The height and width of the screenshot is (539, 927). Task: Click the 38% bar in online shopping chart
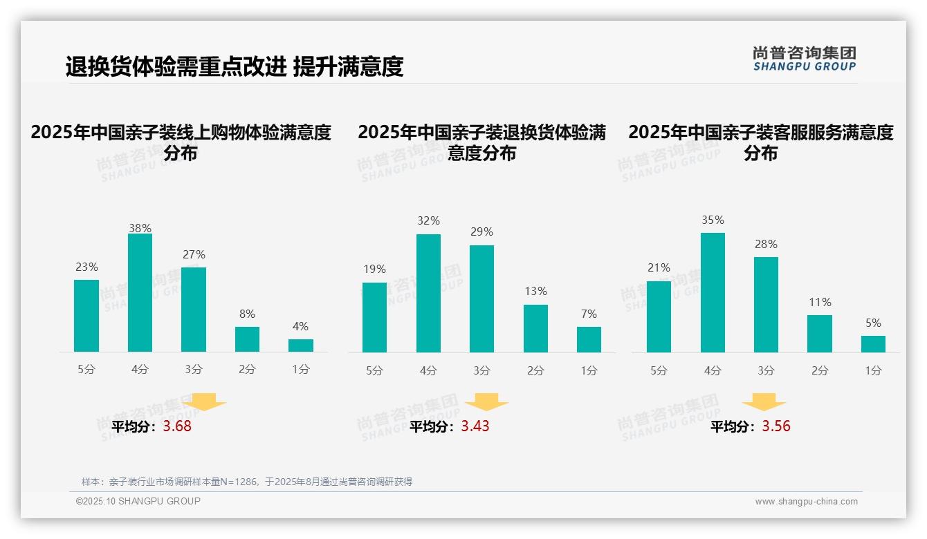click(x=140, y=293)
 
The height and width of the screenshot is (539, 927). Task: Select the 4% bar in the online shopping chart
click(x=301, y=346)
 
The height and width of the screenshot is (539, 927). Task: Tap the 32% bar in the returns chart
click(x=428, y=294)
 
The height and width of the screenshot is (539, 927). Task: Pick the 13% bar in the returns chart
click(x=535, y=328)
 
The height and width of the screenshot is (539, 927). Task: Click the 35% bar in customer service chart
click(x=713, y=293)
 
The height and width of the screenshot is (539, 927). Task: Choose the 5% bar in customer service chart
click(x=873, y=344)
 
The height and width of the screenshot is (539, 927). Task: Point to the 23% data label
click(x=86, y=267)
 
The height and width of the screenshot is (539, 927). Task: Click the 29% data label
click(x=481, y=232)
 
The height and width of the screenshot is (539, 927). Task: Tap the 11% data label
click(x=820, y=303)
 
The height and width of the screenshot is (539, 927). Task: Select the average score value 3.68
click(x=177, y=426)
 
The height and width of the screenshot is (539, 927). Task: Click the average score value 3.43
click(x=475, y=426)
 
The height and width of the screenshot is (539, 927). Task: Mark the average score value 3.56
click(x=776, y=426)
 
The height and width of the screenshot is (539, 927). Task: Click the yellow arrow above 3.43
click(x=487, y=401)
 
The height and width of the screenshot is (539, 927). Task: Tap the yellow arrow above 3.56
click(x=764, y=401)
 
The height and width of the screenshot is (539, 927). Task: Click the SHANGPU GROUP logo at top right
click(x=804, y=59)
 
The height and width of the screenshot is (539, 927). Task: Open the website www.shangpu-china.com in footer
click(x=806, y=502)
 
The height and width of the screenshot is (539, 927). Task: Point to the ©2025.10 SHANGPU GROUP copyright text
click(x=138, y=501)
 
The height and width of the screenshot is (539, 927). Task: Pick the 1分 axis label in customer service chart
click(x=873, y=371)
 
